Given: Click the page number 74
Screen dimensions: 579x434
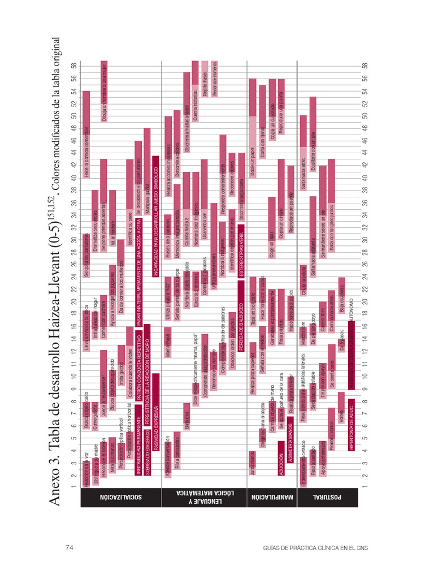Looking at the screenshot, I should tap(71, 547).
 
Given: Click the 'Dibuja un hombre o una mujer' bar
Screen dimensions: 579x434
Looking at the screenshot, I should tap(104, 90).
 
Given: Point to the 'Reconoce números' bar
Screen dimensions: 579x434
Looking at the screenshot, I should tap(215, 79).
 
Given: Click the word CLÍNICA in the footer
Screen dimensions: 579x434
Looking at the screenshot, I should tap(322, 547).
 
